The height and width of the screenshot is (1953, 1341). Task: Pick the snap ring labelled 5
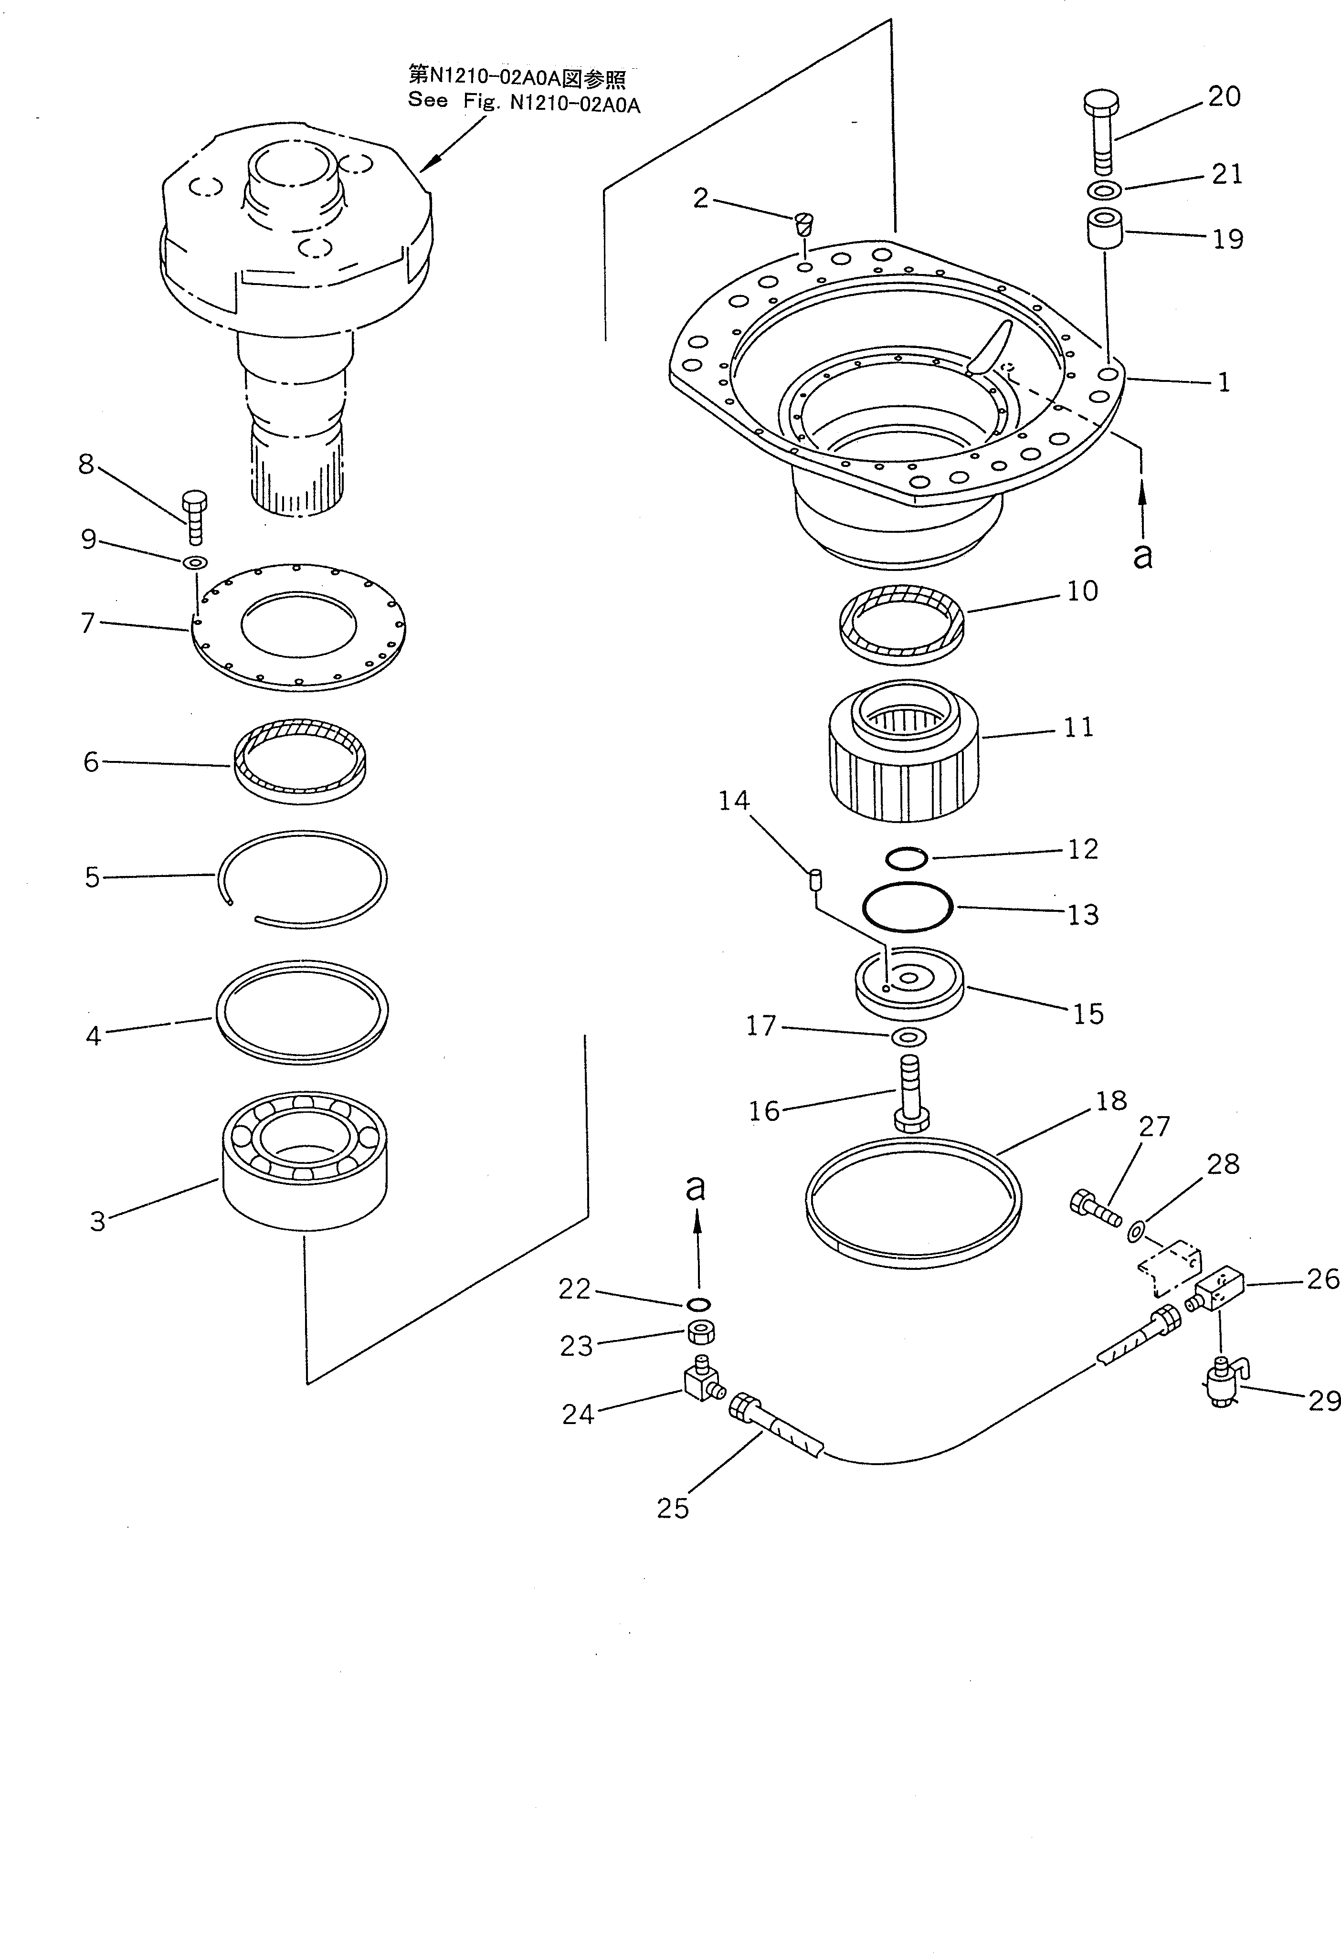(303, 878)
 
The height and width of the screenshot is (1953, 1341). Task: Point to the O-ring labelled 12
(907, 857)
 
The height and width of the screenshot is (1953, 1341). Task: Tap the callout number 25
(672, 1509)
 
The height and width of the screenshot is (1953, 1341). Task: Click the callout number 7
(87, 623)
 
